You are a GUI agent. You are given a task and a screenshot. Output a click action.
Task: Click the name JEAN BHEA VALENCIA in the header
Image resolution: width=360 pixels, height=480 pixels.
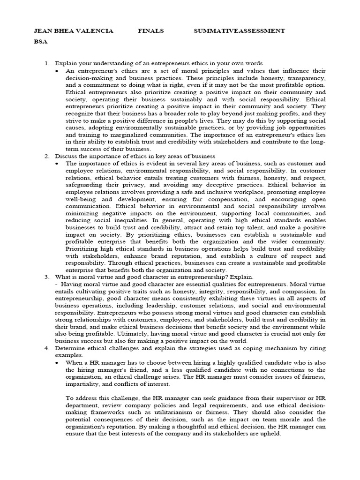point(73,31)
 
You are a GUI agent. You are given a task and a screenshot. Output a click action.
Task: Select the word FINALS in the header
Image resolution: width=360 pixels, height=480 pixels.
point(151,31)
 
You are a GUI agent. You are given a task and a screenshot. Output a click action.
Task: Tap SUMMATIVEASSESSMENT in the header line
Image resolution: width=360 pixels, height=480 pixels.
point(239,31)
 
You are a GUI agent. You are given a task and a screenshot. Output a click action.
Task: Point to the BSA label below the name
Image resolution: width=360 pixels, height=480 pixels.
point(41,41)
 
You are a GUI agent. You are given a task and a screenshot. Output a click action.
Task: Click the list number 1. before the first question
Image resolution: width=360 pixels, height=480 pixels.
point(47,63)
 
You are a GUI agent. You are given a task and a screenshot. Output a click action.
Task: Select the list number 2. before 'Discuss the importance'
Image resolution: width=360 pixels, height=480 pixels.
point(47,156)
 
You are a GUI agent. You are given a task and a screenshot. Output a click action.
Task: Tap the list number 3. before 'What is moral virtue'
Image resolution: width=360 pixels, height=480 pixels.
point(47,277)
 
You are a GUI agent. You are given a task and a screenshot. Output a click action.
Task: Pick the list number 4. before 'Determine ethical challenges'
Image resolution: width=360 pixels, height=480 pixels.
point(47,349)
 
